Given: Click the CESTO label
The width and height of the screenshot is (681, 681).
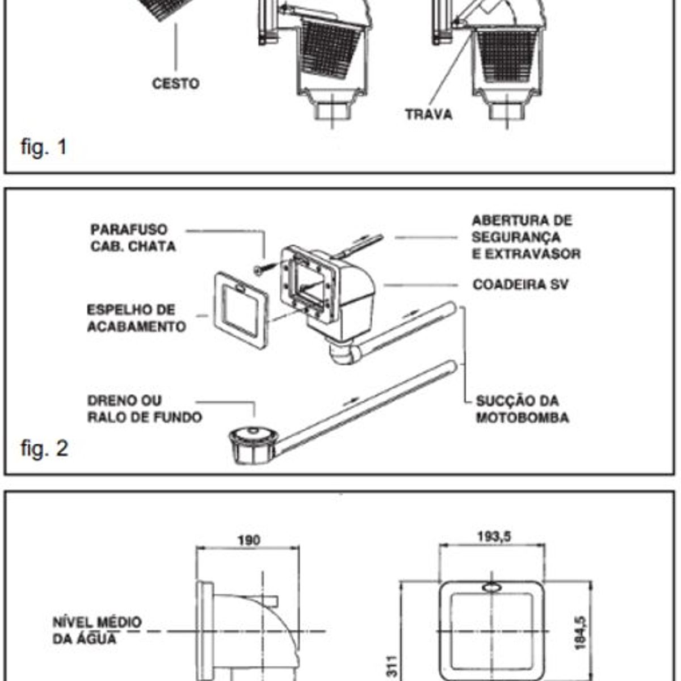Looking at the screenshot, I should pyautogui.click(x=175, y=83).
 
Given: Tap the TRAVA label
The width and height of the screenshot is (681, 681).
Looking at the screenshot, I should pyautogui.click(x=428, y=114).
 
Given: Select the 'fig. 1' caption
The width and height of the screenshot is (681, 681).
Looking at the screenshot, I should pyautogui.click(x=44, y=147).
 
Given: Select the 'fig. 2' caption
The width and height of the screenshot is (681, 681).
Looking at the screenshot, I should pyautogui.click(x=44, y=448).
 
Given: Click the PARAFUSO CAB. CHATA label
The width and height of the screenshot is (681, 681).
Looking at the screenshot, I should pyautogui.click(x=133, y=238).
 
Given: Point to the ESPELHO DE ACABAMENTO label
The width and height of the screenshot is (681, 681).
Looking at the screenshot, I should pyautogui.click(x=136, y=318).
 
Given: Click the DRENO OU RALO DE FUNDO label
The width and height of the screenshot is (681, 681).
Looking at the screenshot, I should pyautogui.click(x=144, y=409).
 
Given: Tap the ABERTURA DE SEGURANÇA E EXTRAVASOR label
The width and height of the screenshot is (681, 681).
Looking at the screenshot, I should pyautogui.click(x=526, y=237).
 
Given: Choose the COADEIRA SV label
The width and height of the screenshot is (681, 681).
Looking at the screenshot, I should pyautogui.click(x=520, y=284).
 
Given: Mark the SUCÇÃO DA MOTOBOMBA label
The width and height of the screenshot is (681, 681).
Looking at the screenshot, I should pyautogui.click(x=522, y=409).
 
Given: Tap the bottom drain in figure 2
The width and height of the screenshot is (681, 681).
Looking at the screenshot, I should pyautogui.click(x=253, y=444).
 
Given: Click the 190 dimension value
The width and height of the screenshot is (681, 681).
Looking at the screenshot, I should pyautogui.click(x=249, y=540).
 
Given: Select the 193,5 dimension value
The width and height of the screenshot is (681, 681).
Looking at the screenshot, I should pyautogui.click(x=494, y=536).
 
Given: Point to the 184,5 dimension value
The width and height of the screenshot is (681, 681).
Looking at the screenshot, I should pyautogui.click(x=580, y=633).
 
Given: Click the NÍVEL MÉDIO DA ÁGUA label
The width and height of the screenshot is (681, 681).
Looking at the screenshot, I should pyautogui.click(x=96, y=630).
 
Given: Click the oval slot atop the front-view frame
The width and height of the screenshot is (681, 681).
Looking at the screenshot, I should pyautogui.click(x=492, y=587).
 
